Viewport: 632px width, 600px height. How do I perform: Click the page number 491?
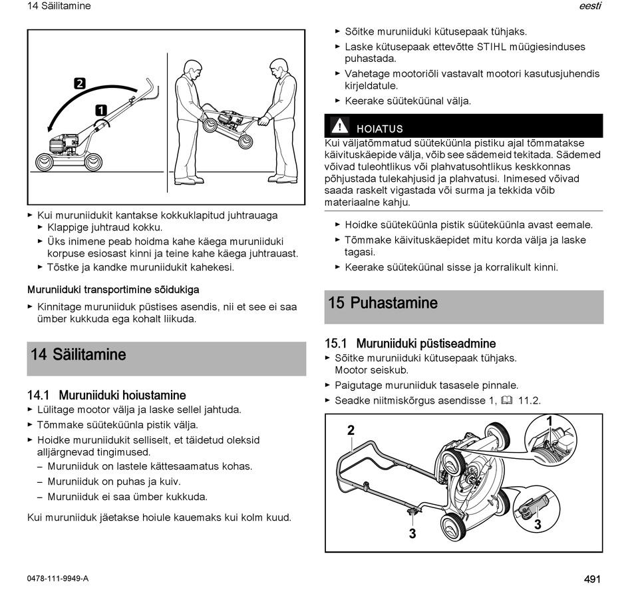[x=592, y=579]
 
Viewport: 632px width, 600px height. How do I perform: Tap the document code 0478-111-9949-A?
[x=58, y=579]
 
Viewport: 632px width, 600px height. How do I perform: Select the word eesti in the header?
[x=591, y=5]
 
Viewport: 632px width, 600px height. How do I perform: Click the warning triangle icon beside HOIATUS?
[x=340, y=125]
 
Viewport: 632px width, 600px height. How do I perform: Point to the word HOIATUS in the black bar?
[x=380, y=129]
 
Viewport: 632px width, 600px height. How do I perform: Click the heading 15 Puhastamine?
[x=383, y=302]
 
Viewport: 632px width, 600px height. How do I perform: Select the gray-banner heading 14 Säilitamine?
[x=79, y=354]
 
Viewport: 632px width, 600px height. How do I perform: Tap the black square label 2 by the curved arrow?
[x=80, y=83]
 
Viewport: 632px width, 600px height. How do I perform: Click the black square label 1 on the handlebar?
[x=100, y=110]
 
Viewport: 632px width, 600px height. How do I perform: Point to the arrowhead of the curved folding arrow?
[x=50, y=129]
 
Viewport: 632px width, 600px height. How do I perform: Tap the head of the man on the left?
[x=192, y=70]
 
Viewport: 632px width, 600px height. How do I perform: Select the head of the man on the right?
[x=277, y=69]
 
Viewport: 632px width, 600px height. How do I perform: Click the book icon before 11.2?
[x=507, y=400]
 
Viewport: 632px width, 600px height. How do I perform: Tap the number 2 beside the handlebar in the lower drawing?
[x=351, y=430]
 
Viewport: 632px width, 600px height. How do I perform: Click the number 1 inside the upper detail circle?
[x=549, y=422]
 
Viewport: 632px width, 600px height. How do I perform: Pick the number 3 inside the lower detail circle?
[x=538, y=524]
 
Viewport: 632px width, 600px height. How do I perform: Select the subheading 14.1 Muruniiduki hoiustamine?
[x=106, y=395]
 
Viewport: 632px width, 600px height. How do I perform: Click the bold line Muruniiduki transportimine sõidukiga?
[x=113, y=290]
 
